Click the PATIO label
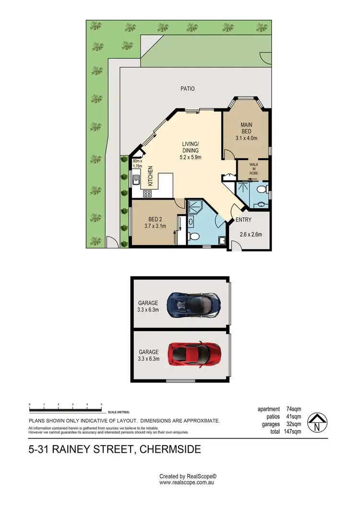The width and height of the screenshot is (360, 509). click(x=187, y=89)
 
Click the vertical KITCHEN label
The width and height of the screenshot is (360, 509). click(x=150, y=176)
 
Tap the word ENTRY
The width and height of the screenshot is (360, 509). click(x=243, y=220)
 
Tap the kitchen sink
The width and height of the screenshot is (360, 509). click(x=136, y=180)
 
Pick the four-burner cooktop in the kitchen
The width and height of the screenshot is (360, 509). click(x=147, y=194)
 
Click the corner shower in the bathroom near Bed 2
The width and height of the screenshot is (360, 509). click(x=195, y=207)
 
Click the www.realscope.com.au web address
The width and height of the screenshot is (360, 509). click(x=188, y=483)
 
